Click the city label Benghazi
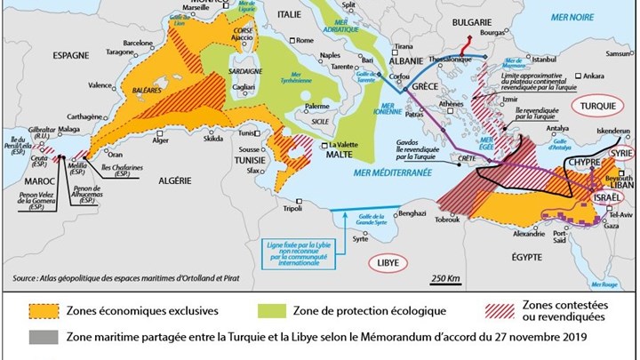click(x=418, y=214)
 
